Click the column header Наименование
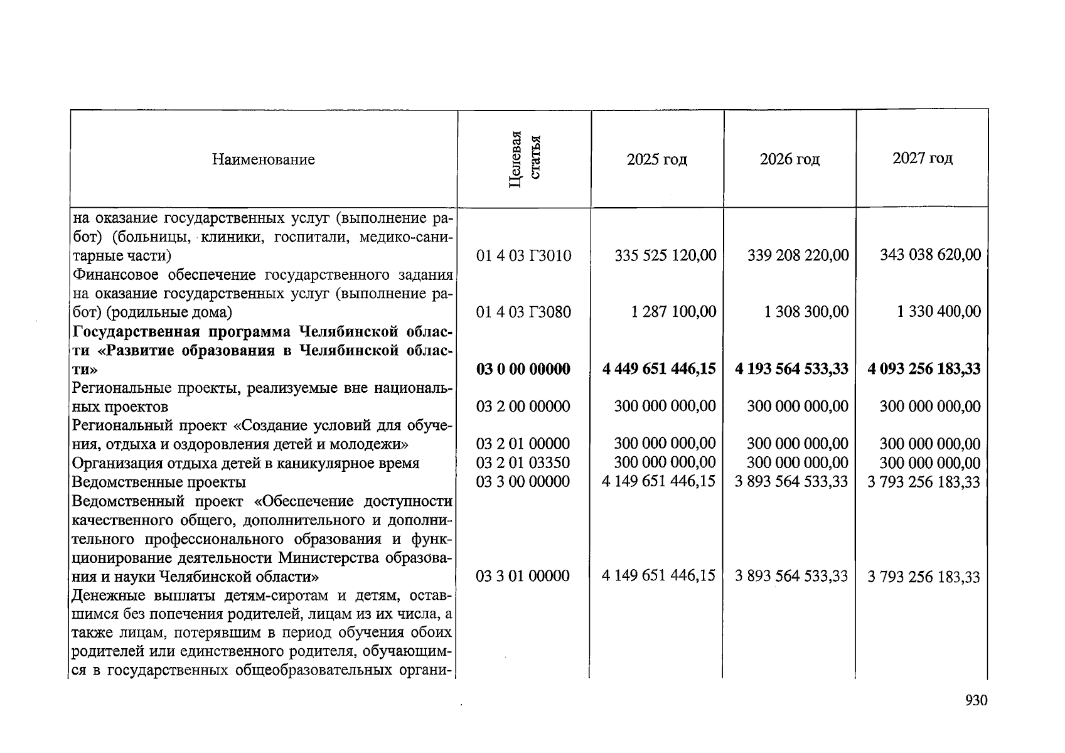(263, 159)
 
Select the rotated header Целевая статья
(524, 159)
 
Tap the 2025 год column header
(656, 159)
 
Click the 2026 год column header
(789, 159)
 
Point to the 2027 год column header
(922, 158)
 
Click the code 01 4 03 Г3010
(523, 256)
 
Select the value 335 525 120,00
(665, 255)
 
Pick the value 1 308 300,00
(806, 312)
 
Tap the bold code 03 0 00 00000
(523, 369)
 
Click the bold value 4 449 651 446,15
(659, 369)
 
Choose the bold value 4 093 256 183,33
(924, 369)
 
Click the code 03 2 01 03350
(523, 463)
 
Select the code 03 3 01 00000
(523, 576)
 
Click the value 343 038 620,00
(930, 255)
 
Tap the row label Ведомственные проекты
(159, 483)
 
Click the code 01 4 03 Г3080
(523, 312)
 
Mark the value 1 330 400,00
(938, 312)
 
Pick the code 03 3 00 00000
(523, 482)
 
